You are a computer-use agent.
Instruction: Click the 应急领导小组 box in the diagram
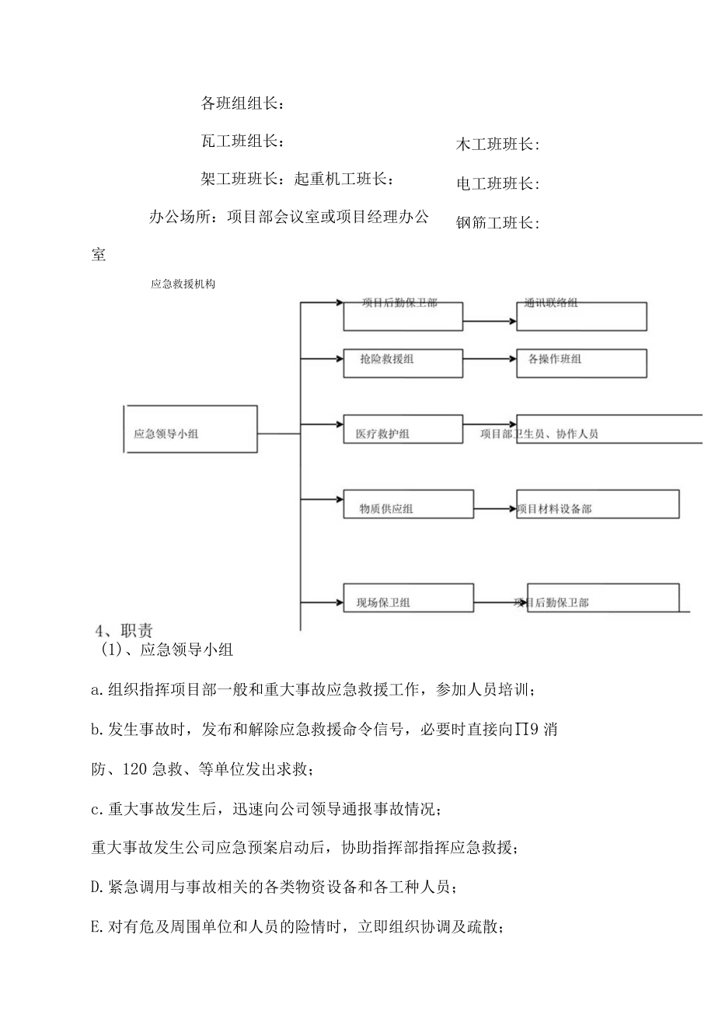(190, 429)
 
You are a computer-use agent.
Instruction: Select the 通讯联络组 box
(581, 316)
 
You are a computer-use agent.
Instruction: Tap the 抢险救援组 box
(403, 363)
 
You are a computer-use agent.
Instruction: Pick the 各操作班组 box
(581, 363)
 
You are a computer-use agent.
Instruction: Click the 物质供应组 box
(408, 504)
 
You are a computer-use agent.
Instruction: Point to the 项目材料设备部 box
(598, 504)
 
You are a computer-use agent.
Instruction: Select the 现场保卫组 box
(408, 598)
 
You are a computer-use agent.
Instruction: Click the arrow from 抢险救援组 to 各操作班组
(490, 359)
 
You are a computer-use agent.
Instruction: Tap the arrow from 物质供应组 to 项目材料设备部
(495, 509)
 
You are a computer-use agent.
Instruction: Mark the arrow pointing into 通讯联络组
(490, 319)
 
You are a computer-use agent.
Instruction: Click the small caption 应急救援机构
(183, 284)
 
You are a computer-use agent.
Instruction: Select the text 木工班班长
(497, 144)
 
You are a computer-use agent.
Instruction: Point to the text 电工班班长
(497, 184)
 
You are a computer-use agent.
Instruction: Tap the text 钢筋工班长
(497, 223)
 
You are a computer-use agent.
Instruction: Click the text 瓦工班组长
(242, 141)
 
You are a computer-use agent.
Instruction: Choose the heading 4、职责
(118, 629)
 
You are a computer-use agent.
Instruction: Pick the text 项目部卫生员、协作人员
(539, 434)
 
